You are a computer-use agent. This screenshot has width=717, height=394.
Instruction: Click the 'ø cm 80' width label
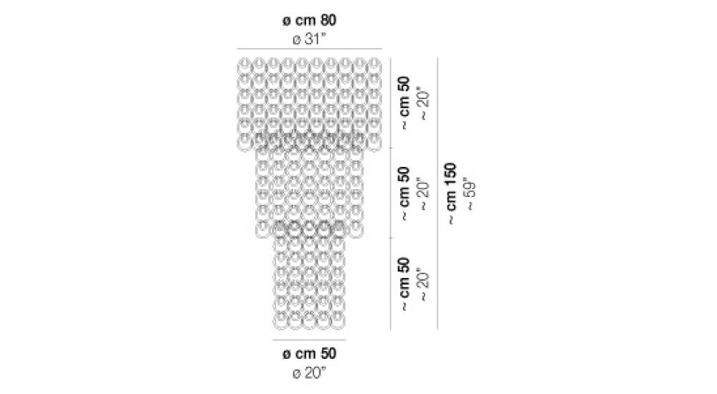(x=309, y=21)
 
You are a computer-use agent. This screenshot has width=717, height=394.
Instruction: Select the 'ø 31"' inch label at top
(x=309, y=39)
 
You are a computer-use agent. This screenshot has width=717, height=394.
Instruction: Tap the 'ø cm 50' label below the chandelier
(x=309, y=354)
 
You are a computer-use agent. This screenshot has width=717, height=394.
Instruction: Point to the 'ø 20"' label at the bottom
(x=309, y=373)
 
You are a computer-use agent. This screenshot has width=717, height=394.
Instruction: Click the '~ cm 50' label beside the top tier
(x=404, y=103)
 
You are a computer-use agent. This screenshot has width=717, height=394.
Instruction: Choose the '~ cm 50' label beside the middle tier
(x=404, y=194)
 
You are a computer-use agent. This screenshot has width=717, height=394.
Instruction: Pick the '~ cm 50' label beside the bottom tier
(x=404, y=284)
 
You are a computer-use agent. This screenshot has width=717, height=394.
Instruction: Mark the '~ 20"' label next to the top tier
(x=424, y=103)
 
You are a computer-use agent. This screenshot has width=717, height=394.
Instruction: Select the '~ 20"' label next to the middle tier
(x=424, y=194)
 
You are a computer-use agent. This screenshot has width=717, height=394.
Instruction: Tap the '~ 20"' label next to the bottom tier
(x=424, y=284)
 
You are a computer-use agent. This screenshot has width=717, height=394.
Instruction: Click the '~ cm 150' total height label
(x=451, y=194)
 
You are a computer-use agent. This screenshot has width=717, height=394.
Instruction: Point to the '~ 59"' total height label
(x=470, y=194)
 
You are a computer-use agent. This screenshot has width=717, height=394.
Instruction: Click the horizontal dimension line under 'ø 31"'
(x=309, y=49)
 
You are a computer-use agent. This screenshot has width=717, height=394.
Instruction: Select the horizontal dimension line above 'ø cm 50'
(x=309, y=340)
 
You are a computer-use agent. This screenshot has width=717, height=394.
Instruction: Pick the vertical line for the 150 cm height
(x=437, y=194)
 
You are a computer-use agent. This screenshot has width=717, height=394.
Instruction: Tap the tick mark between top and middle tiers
(x=391, y=148)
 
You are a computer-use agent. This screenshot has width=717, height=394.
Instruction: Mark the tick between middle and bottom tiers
(x=391, y=238)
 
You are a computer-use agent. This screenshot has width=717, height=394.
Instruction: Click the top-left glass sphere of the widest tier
(x=244, y=66)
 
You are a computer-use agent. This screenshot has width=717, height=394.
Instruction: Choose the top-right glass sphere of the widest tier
(x=374, y=66)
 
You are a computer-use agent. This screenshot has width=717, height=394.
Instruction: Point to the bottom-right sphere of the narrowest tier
(x=338, y=321)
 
